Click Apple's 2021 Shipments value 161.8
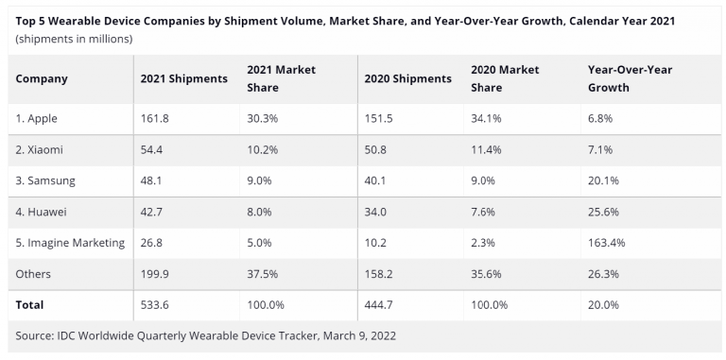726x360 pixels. pos(155,118)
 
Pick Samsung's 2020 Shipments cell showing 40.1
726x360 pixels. pos(376,180)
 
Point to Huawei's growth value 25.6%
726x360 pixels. pos(604,212)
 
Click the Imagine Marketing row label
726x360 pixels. pos(70,243)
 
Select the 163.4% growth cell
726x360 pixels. pos(607,243)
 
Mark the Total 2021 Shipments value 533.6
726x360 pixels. pos(155,305)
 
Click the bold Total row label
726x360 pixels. pos(30,305)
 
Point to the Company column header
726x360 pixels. pos(42,78)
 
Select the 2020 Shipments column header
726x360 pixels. pos(407,78)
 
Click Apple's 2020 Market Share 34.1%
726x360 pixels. pos(488,118)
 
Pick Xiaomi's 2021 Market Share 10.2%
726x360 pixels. pos(265,149)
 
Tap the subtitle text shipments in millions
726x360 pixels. pos(74,39)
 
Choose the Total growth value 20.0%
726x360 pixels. pos(604,305)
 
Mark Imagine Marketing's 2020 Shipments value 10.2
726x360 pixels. pos(375,243)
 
